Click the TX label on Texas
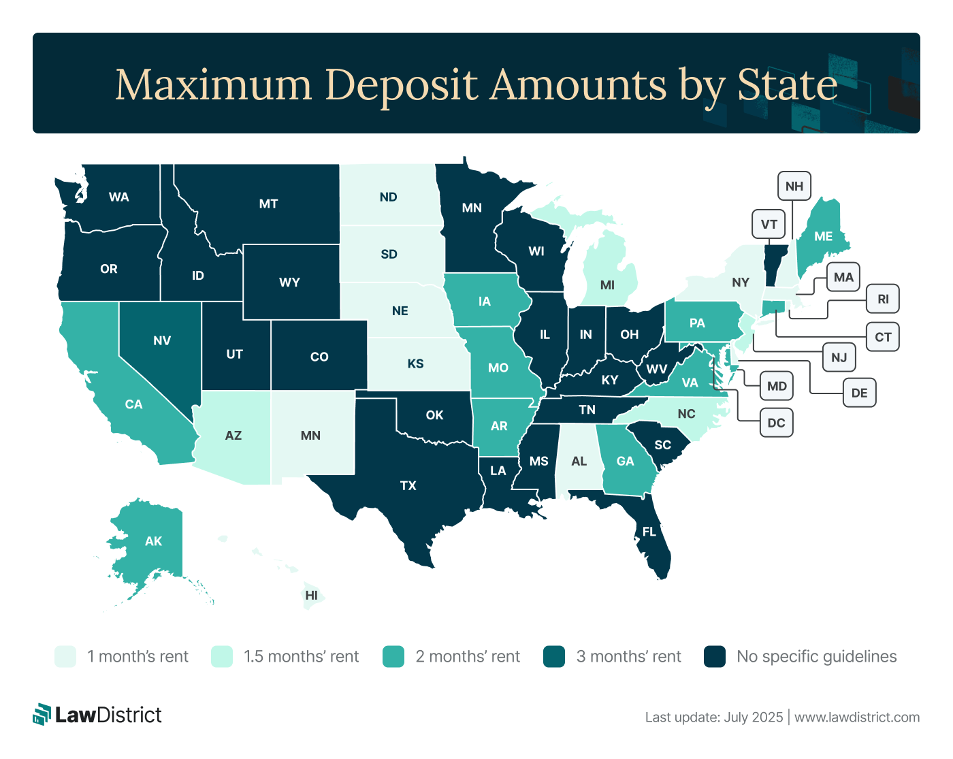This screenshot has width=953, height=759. (x=408, y=485)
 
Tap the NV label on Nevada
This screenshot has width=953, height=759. (x=162, y=340)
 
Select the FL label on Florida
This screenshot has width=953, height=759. (x=649, y=532)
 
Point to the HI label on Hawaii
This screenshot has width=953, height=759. (x=312, y=595)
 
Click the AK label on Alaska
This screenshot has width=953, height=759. (x=154, y=541)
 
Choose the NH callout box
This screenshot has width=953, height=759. (x=794, y=186)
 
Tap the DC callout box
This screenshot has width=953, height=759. (x=776, y=423)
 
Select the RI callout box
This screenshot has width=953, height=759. (x=883, y=299)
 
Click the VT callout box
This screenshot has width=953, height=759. (x=769, y=224)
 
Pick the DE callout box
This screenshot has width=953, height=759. (x=859, y=393)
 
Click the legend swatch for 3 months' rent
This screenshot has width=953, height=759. (x=554, y=657)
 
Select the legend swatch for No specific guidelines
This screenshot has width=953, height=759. (x=715, y=657)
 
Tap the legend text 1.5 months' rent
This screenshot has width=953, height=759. (x=301, y=657)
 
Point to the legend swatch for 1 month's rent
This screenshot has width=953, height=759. (x=65, y=657)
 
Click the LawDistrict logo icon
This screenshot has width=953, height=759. (x=42, y=714)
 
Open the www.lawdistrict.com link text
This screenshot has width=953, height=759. (x=857, y=717)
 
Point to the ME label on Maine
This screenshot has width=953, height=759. (x=824, y=236)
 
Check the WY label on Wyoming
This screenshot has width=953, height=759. (x=289, y=282)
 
